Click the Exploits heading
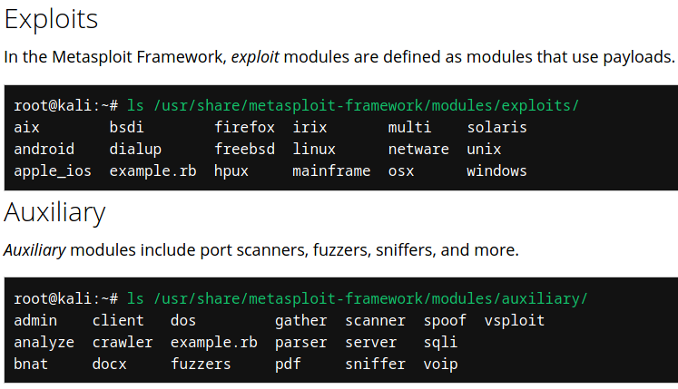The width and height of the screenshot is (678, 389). [x=51, y=19]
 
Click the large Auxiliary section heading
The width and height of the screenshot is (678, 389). [x=54, y=212]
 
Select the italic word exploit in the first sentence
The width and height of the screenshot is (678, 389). [x=255, y=57]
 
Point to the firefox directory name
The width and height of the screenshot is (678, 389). [x=244, y=128]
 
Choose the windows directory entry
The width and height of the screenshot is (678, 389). [x=496, y=170]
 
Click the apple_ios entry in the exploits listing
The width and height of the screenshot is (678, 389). [x=53, y=170]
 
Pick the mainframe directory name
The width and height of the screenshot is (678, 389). [x=331, y=170]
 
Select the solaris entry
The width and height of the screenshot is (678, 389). [x=496, y=128]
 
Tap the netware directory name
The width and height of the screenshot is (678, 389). [x=418, y=149]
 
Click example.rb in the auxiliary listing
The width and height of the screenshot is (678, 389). [x=213, y=343]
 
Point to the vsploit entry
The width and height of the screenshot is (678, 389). [x=515, y=321]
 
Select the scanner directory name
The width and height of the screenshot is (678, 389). [x=375, y=321]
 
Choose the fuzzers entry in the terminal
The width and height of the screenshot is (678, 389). [x=201, y=365]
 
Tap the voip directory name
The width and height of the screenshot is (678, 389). [x=440, y=365]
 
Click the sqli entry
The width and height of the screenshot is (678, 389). [x=440, y=343]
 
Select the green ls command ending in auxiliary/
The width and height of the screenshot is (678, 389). [x=358, y=298]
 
